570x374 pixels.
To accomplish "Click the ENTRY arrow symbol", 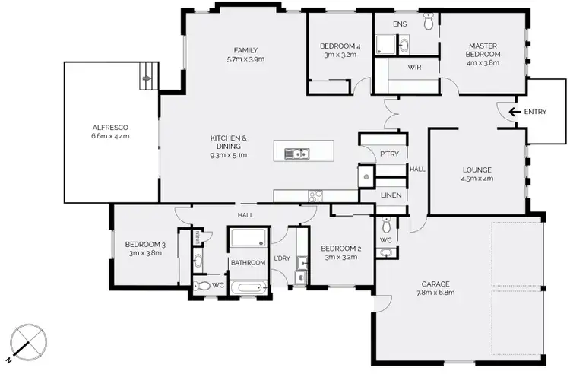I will click(515, 112).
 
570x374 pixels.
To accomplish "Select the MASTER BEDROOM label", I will click(483, 50).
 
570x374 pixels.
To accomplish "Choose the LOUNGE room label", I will click(477, 174).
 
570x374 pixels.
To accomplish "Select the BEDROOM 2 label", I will click(340, 253).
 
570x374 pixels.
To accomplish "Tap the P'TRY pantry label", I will click(388, 154).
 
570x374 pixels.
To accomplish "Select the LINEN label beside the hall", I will click(390, 195).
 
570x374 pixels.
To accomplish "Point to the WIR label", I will click(414, 68).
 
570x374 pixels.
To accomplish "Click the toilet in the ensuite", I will click(429, 24).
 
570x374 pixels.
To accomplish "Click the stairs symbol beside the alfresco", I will click(147, 74).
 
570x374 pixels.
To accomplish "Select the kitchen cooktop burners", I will click(316, 195).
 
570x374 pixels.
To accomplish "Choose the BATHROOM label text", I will click(249, 263).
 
